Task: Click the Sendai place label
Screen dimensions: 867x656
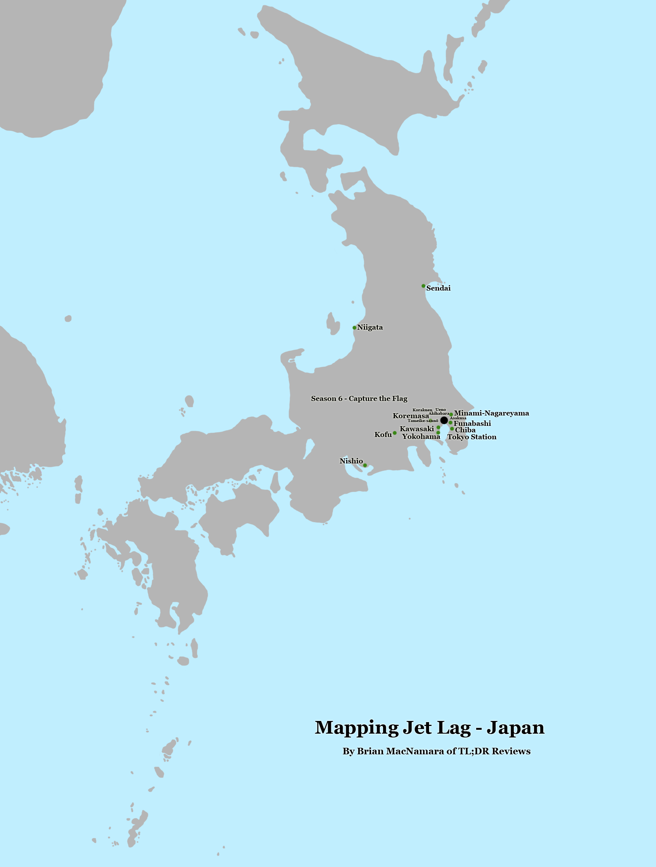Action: pos(438,288)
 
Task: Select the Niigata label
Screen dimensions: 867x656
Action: pos(370,327)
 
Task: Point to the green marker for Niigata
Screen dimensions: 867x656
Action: pos(355,328)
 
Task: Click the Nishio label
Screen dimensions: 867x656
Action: pos(351,461)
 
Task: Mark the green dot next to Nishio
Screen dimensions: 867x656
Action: pos(365,465)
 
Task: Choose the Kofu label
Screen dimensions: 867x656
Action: pos(383,434)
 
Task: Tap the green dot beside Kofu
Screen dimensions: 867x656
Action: pos(395,433)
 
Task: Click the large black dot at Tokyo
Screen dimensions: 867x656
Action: pos(444,420)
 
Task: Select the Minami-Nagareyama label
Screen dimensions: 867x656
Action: pos(491,413)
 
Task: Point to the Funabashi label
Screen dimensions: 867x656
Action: pos(472,423)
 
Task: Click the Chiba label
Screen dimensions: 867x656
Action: pos(465,430)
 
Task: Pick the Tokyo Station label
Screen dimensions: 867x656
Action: pos(472,437)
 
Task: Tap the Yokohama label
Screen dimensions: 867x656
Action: pos(421,436)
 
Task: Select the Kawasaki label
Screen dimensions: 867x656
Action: pos(416,429)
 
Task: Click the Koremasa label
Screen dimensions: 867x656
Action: pos(411,416)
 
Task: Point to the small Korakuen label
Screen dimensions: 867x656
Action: pos(422,410)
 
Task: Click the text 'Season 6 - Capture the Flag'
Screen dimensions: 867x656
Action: pos(359,399)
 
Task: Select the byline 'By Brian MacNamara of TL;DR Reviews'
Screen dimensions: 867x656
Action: pos(436,751)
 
